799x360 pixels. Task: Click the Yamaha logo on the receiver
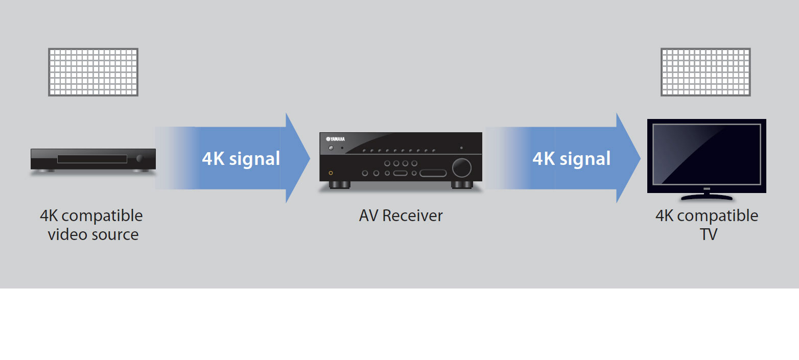335,139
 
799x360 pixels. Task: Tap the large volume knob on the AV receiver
461,167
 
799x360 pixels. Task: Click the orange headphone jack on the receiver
331,173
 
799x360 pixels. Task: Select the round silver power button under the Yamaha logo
331,149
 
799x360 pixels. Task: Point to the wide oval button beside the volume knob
433,173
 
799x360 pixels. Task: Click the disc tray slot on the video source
92,159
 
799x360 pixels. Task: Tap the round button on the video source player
140,159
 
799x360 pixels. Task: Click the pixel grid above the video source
93,72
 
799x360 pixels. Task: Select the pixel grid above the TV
706,72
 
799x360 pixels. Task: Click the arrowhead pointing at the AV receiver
297,158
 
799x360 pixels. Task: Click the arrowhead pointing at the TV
628,158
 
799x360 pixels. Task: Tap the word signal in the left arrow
254,159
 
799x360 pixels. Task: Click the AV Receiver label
401,215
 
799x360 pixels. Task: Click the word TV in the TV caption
708,234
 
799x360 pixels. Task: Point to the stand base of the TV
707,197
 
